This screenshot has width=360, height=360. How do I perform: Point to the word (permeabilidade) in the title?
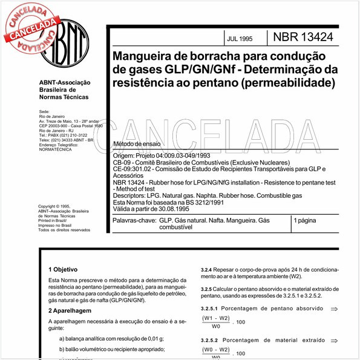pos(288,81)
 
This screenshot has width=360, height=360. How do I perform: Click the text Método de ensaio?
pos(137,144)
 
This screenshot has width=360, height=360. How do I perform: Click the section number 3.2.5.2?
pos(212,341)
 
